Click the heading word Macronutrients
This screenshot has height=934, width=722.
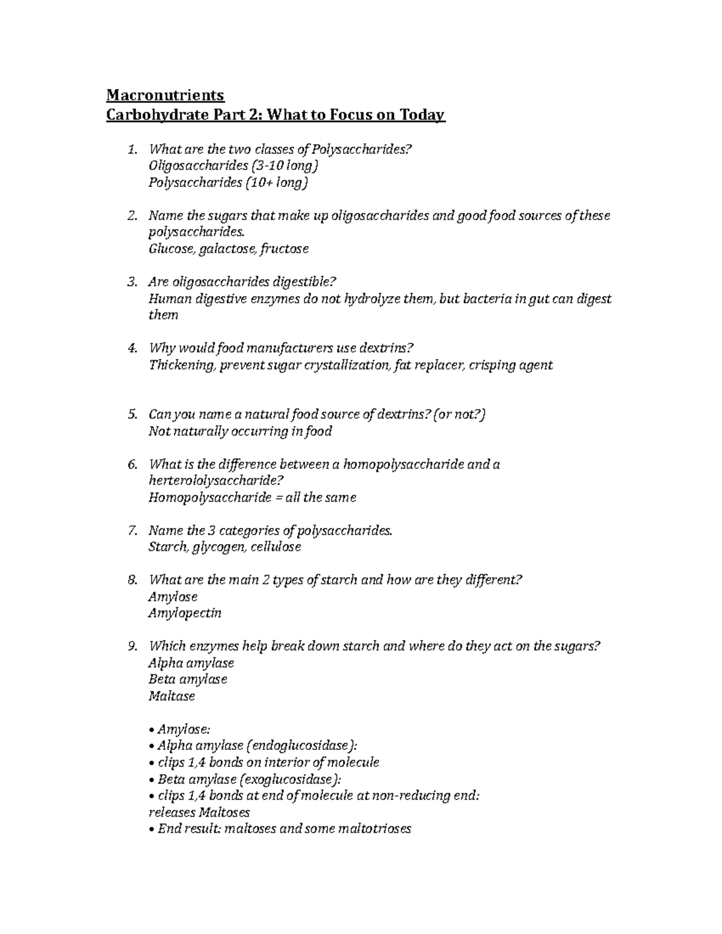165,95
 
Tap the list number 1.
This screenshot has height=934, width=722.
132,149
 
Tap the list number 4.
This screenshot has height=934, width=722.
132,348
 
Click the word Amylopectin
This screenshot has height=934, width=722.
185,613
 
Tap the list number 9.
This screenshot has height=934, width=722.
132,647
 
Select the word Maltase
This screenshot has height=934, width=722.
171,696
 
